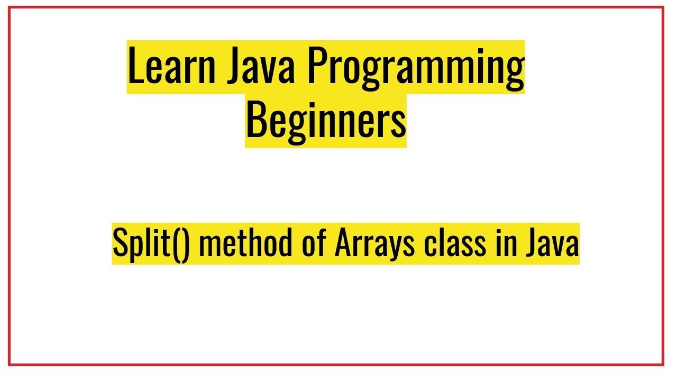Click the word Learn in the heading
(171, 68)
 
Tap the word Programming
(415, 68)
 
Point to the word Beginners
(326, 120)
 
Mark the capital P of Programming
(315, 68)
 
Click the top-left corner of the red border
(10, 7)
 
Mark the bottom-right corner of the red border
(663, 365)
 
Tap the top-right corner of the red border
(663, 7)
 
